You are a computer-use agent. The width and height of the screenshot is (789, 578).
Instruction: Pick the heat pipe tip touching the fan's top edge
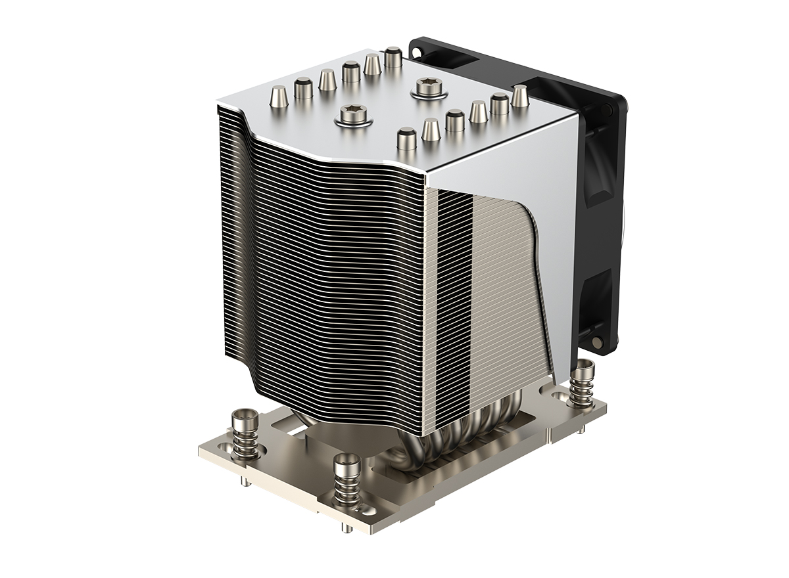point(393,57)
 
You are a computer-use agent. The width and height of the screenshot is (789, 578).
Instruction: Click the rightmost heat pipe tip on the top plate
point(519,96)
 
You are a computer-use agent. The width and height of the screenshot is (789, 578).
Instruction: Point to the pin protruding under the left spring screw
point(245,484)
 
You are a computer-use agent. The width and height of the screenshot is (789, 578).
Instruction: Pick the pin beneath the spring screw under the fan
point(583,430)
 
